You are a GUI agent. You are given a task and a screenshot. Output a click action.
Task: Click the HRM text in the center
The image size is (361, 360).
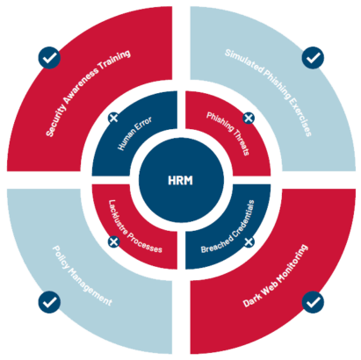pyautogui.click(x=180, y=180)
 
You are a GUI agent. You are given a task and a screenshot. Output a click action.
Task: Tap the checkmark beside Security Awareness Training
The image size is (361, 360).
pyautogui.click(x=49, y=58)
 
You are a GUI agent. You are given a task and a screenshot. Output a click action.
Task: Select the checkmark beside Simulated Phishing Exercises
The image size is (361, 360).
pyautogui.click(x=313, y=58)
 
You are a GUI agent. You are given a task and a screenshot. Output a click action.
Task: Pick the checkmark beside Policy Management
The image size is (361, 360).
pyautogui.click(x=49, y=302)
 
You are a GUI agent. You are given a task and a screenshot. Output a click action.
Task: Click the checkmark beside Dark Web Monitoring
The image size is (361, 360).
pyautogui.click(x=313, y=302)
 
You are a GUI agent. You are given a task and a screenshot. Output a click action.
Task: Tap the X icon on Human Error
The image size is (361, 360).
pyautogui.click(x=113, y=118)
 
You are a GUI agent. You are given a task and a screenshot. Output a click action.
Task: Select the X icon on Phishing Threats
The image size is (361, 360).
pyautogui.click(x=249, y=118)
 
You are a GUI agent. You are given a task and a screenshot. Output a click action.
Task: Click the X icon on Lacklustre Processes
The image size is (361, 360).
pyautogui.click(x=113, y=241)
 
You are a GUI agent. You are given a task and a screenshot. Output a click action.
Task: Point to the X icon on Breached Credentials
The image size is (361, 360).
pyautogui.click(x=249, y=241)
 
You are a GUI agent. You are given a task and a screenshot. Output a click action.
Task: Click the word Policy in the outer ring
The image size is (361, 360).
pyautogui.click(x=61, y=257)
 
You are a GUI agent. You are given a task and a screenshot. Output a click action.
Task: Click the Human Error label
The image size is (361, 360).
pyautogui.click(x=134, y=133)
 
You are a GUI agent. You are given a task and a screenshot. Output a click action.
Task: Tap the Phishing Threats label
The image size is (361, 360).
pyautogui.click(x=228, y=133)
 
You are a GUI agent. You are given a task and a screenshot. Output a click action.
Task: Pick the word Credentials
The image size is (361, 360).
pyautogui.click(x=243, y=219)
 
